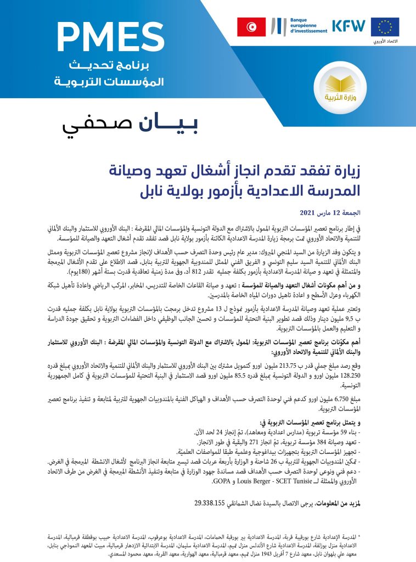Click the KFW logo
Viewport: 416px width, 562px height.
[x=350, y=26]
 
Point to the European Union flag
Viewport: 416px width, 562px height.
[x=385, y=26]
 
